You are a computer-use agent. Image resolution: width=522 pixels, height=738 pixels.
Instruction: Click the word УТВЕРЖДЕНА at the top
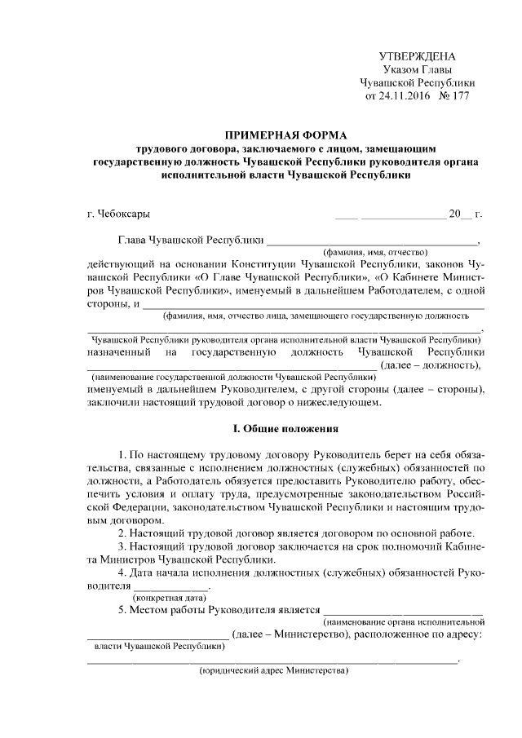coord(418,56)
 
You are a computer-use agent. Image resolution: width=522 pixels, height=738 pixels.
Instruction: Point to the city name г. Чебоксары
coord(118,214)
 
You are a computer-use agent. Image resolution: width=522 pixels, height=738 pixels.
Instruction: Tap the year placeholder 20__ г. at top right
coord(465,214)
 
